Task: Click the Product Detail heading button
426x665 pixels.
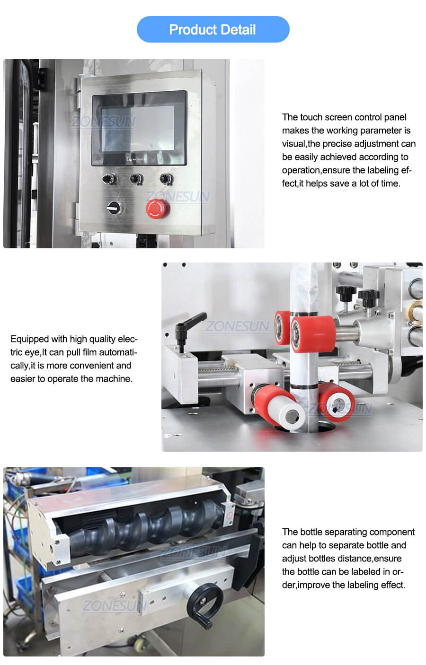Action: coord(213,29)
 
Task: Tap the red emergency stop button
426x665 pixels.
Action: coord(157,208)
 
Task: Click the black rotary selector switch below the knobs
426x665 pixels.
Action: coord(114,207)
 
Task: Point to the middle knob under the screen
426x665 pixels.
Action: coord(136,179)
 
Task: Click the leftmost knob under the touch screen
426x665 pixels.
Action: coord(109,179)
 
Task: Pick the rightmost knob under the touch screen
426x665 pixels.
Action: coord(166,179)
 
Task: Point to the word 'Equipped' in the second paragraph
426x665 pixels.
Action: coord(29,339)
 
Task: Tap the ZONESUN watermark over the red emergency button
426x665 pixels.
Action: coord(178,196)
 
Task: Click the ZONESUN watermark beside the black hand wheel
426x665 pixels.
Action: coord(114,605)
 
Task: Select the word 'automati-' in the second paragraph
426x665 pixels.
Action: coord(118,352)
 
